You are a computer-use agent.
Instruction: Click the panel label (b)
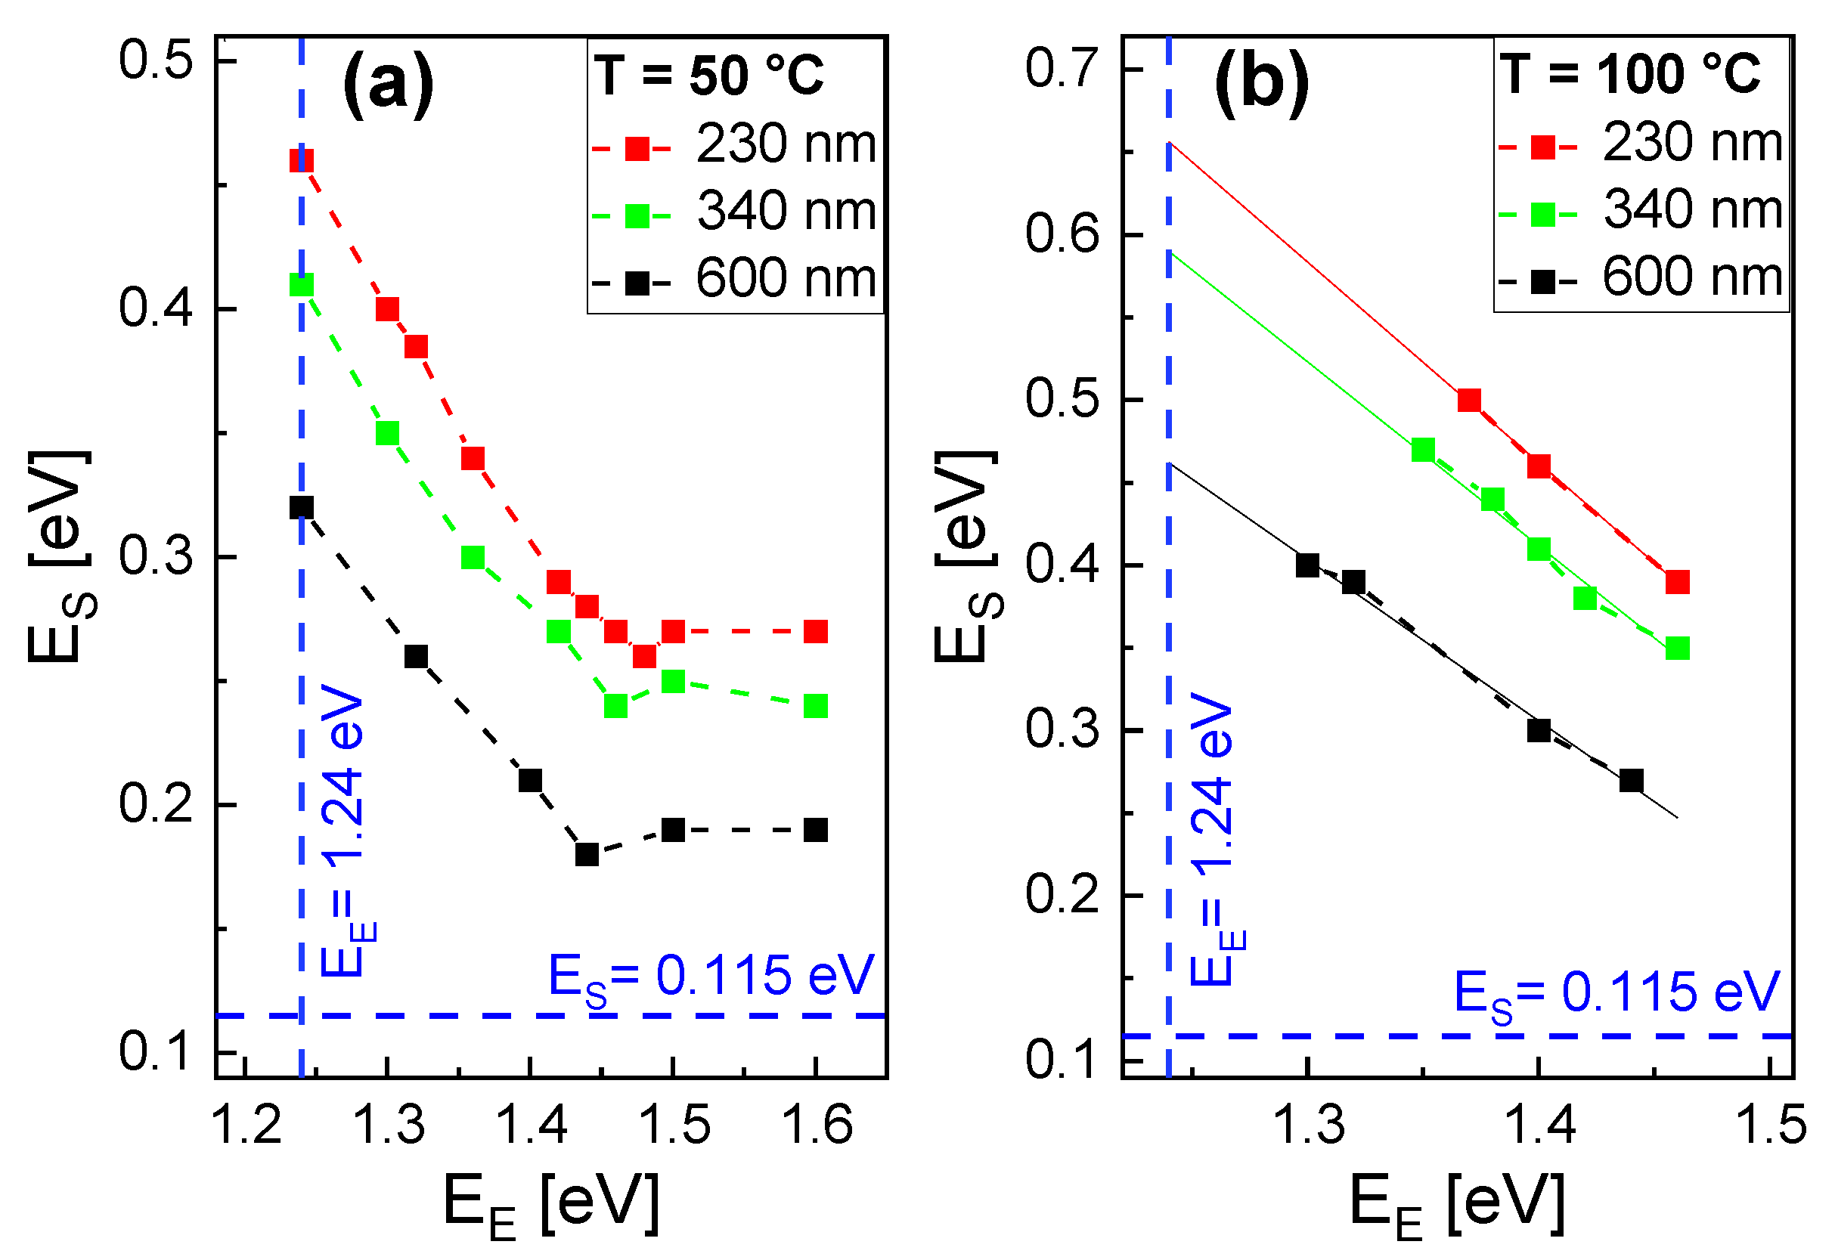[x=1261, y=84]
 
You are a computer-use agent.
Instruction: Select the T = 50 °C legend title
[x=709, y=76]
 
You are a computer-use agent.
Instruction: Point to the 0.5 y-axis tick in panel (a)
[x=155, y=60]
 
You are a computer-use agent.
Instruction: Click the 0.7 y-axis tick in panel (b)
[x=1062, y=69]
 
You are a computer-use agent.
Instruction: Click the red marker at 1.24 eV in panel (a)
[x=302, y=161]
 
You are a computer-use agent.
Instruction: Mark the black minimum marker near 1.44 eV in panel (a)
[x=587, y=855]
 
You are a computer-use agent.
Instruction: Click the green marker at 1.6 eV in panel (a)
[x=816, y=707]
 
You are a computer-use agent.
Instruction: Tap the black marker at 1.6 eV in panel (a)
[x=816, y=831]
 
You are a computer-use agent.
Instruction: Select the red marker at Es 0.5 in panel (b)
[x=1468, y=401]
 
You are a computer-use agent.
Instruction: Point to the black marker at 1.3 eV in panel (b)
[x=1307, y=566]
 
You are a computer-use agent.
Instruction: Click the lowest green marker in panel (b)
[x=1677, y=649]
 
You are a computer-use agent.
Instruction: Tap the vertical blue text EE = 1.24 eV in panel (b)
[x=1213, y=841]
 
